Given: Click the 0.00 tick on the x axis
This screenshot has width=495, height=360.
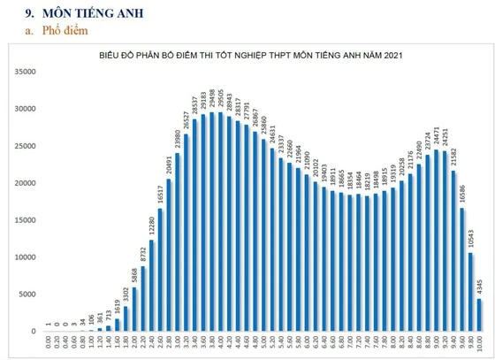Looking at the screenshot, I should point(48,346).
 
